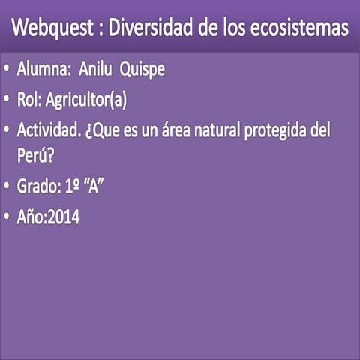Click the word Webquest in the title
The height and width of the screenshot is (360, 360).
click(x=52, y=29)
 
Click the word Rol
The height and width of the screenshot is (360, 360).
click(x=30, y=98)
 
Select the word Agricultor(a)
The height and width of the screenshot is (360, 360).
click(x=88, y=99)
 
